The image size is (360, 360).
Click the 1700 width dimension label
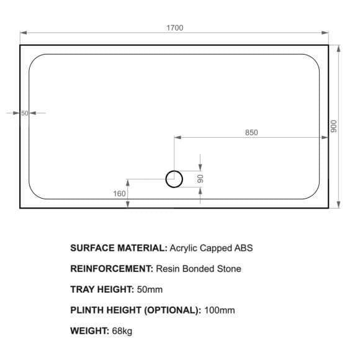point(174,28)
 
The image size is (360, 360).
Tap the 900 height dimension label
point(334,126)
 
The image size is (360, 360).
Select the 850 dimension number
point(251,132)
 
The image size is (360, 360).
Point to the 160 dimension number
point(119,194)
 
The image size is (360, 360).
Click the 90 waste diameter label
point(200,179)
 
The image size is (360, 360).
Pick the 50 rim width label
point(25,113)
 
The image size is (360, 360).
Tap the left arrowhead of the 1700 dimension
point(24,33)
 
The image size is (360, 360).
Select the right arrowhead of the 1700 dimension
point(325,33)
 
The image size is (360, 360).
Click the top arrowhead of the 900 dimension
point(338,48)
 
